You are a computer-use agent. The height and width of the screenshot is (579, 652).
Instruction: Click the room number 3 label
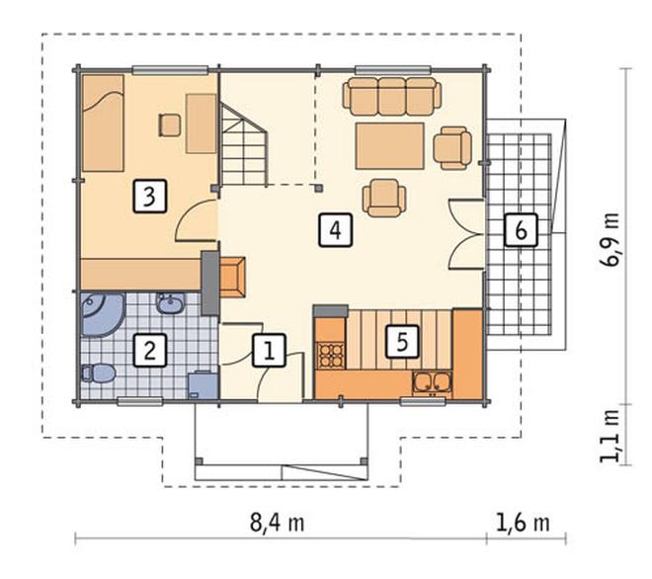tap(150, 196)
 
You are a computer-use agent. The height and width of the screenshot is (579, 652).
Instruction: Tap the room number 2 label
tap(150, 350)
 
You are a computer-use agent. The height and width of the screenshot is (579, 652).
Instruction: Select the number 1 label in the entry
tap(270, 350)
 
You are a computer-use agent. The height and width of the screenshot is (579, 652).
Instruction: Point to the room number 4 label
tap(336, 230)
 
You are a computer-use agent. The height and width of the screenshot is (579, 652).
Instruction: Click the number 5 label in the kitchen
tap(402, 342)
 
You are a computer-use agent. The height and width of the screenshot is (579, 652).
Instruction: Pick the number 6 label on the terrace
tap(521, 230)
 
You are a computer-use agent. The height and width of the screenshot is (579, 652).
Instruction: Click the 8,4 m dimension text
tap(277, 523)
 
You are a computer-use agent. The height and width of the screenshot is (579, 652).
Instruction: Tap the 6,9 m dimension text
tap(610, 240)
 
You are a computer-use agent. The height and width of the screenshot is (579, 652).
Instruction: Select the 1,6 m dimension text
tap(523, 523)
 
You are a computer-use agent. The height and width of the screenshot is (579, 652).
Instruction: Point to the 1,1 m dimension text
tap(610, 436)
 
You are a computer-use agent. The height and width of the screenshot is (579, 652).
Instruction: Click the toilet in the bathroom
tap(98, 373)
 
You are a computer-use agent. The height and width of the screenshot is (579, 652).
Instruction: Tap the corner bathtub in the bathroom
tap(103, 314)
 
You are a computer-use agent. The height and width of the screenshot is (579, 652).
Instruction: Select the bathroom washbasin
tap(170, 303)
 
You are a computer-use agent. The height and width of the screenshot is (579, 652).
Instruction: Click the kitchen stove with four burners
tap(331, 356)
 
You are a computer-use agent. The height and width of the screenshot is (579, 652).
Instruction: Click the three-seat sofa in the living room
tap(392, 97)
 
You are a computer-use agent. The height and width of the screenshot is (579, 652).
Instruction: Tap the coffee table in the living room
tap(389, 146)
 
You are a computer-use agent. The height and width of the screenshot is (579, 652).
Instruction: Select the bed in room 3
tap(103, 124)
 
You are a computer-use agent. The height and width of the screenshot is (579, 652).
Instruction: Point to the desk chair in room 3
tap(170, 125)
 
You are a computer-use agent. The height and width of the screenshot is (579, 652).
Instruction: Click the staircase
tap(243, 144)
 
